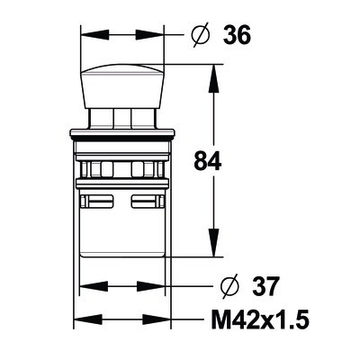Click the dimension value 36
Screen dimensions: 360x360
click(237, 35)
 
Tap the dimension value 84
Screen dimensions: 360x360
click(208, 160)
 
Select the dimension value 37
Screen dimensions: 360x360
click(265, 286)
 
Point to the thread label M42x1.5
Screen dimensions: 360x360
click(260, 319)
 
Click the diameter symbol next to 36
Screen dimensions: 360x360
click(200, 35)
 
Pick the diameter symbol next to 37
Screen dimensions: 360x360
click(229, 286)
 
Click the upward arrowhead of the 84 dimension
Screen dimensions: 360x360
click(213, 79)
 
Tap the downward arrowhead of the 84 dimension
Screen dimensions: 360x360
click(213, 242)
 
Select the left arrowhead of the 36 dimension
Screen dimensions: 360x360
click(94, 35)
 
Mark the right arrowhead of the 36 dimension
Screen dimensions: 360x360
click(149, 35)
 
